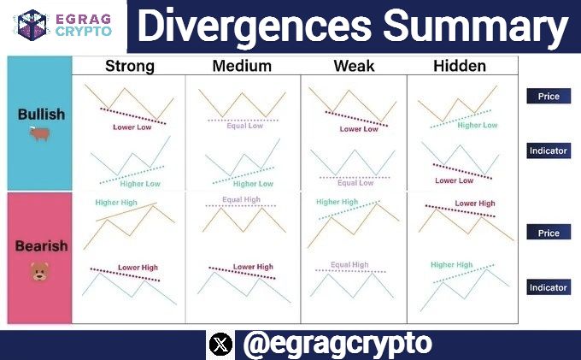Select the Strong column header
point(129,66)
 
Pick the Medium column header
point(242,66)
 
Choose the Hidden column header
point(460,66)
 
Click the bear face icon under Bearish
point(39,272)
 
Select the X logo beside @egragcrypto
point(220,345)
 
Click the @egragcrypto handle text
point(337,345)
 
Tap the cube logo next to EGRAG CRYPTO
point(32,24)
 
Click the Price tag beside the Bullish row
point(549,97)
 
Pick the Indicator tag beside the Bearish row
point(549,288)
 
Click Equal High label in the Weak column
point(349,265)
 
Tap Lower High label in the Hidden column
point(474,204)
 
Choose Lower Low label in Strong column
point(132,127)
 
